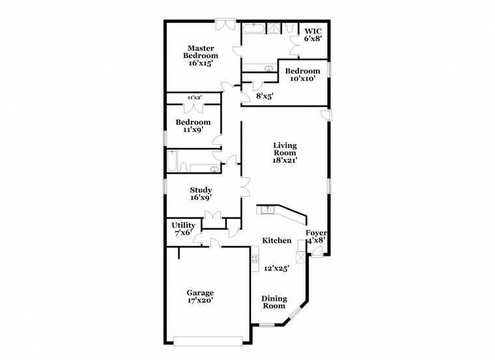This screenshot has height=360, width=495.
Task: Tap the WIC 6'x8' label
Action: coord(313,35)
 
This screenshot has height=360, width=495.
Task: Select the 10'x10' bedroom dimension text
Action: coord(303,79)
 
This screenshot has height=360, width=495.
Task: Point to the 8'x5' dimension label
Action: coord(264,96)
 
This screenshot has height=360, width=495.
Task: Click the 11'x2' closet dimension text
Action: coord(194,98)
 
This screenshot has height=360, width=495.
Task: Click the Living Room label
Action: coord(285,152)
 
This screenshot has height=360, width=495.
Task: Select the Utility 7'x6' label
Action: coord(183,228)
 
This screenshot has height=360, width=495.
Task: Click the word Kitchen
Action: coord(277,241)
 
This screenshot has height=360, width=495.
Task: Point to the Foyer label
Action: coord(316,233)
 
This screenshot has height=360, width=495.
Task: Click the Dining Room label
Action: coord(274,302)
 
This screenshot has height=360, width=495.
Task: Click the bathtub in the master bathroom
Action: coord(253,28)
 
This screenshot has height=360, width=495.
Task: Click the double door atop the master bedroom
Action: coord(225,24)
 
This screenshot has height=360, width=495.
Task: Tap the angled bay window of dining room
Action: coord(296,314)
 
